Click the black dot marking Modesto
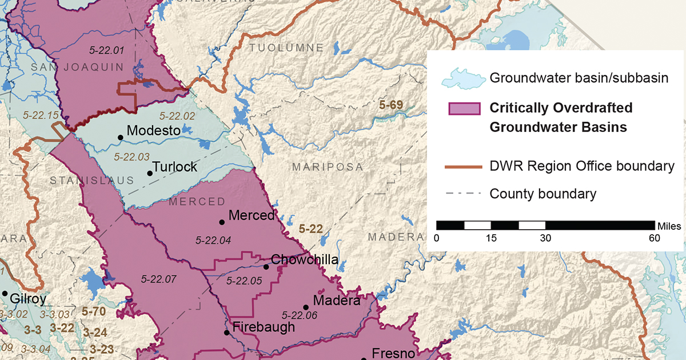120,137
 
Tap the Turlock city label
176,167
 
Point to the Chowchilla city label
304,260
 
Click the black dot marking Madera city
306,306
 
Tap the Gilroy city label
28,298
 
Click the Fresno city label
393,353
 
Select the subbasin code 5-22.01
107,50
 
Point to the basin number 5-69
392,105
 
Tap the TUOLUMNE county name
286,47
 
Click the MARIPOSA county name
327,167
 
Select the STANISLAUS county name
91,181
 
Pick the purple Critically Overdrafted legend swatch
464,109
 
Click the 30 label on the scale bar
545,238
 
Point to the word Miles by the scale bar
669,226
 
